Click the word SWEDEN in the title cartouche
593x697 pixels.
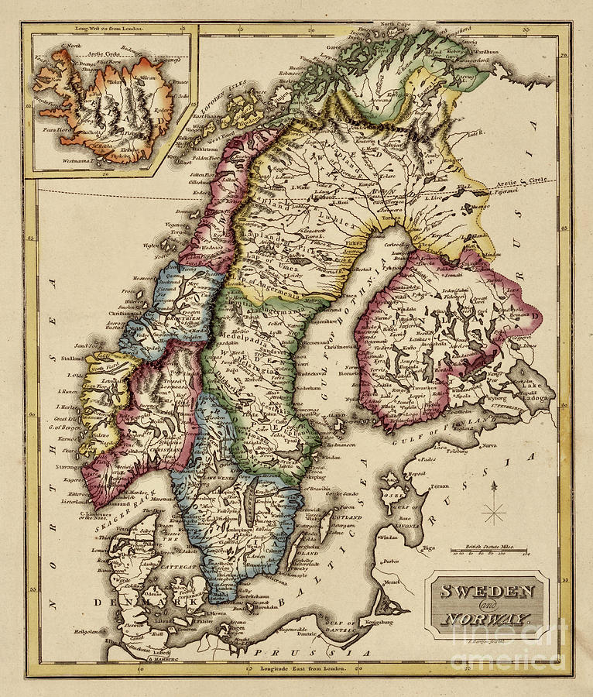(x=488, y=591)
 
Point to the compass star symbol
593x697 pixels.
(x=494, y=513)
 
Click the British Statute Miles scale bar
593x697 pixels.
(x=487, y=551)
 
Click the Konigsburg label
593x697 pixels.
(x=377, y=621)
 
